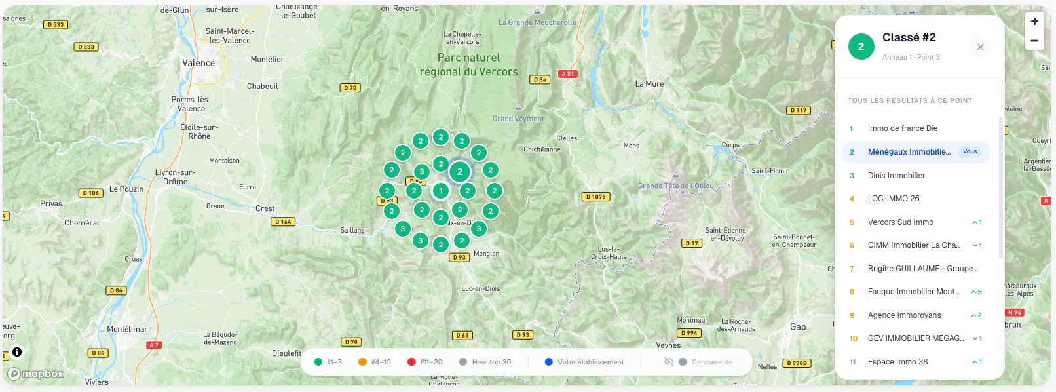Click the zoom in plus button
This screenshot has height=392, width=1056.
[x=1034, y=22]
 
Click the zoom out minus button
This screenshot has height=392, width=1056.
[x=1034, y=41]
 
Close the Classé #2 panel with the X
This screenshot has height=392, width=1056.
[x=980, y=47]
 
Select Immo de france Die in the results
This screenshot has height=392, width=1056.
[x=902, y=128]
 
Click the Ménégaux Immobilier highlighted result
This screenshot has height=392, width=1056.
[x=909, y=152]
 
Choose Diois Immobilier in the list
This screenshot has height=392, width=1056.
[x=896, y=176]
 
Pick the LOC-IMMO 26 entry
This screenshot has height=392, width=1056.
[x=894, y=199]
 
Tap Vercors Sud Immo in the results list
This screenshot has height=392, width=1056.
[x=900, y=222]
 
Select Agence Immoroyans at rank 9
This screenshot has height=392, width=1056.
[x=904, y=315]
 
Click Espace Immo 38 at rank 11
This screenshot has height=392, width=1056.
[x=897, y=362]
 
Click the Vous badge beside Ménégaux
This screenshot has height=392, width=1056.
[x=970, y=152]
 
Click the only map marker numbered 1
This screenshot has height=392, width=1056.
[x=441, y=191]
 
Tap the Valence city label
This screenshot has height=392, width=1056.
[x=198, y=63]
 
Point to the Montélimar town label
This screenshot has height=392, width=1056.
[x=127, y=329]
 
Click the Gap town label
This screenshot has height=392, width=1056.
[x=798, y=326]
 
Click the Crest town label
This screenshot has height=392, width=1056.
[x=265, y=208]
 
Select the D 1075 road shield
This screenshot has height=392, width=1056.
[x=595, y=197]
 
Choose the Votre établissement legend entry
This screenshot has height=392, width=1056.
[x=584, y=362]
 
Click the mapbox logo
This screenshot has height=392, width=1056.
[x=36, y=374]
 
